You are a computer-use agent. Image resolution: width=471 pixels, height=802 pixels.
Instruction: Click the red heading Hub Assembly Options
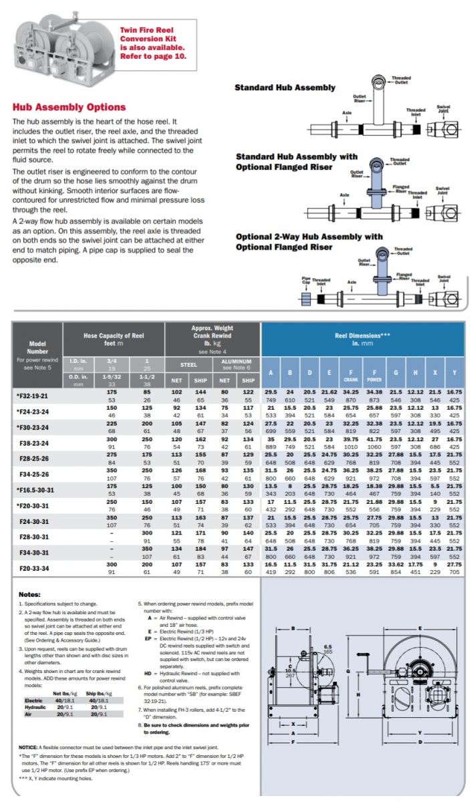pyautogui.click(x=69, y=107)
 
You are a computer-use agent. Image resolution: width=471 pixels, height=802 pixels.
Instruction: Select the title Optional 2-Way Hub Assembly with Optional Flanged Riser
pyautogui.click(x=309, y=241)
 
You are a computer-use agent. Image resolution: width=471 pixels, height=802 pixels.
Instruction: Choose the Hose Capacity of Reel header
pyautogui.click(x=114, y=336)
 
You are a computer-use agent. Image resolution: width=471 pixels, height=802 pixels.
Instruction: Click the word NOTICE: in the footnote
pyautogui.click(x=31, y=747)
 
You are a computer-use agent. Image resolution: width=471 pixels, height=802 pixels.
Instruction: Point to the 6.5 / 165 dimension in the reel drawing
pyautogui.click(x=327, y=649)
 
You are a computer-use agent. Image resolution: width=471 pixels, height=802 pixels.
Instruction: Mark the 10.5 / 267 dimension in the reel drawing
pyautogui.click(x=290, y=672)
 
